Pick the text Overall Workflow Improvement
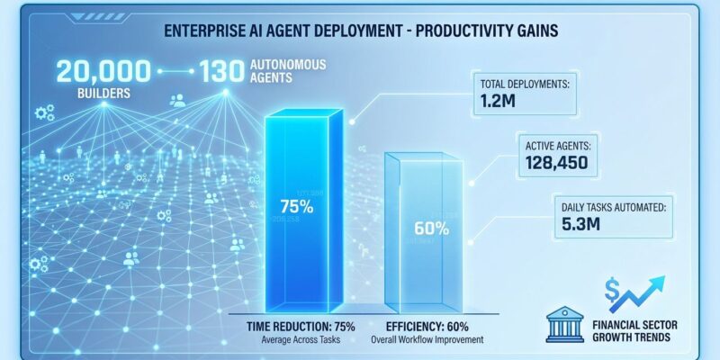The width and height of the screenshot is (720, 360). click(428, 339)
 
